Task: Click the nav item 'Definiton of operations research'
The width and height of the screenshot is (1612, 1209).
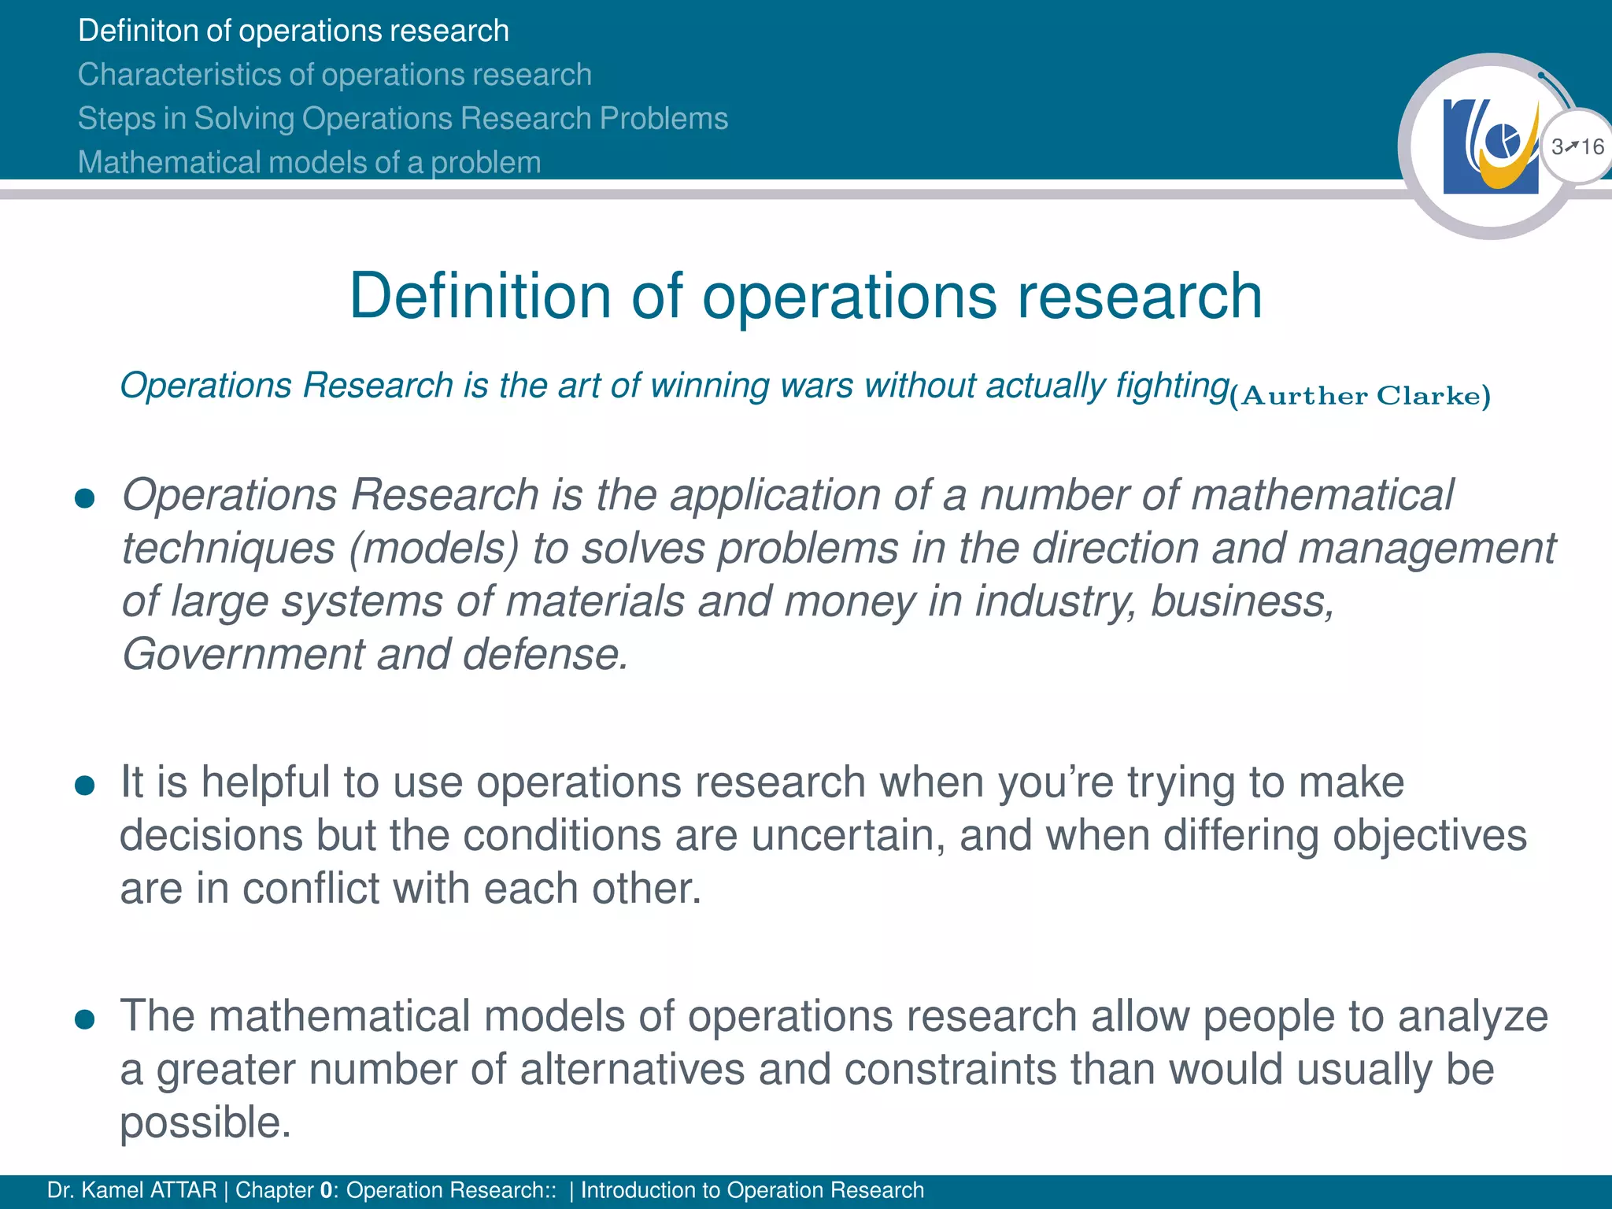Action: pos(294,31)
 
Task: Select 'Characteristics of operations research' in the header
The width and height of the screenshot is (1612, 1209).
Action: pos(335,75)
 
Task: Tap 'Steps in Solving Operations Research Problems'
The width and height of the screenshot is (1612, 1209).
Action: pos(403,119)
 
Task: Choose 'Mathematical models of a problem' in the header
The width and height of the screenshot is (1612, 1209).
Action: pos(309,163)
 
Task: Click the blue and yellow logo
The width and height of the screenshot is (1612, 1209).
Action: pos(1490,147)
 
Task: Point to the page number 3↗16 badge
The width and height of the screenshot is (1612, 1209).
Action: pos(1577,147)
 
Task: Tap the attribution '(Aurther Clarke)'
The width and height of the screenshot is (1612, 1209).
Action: pos(1360,396)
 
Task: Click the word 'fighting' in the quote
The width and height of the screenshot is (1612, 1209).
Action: pos(1172,386)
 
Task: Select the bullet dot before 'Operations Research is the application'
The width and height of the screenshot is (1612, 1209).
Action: pos(84,498)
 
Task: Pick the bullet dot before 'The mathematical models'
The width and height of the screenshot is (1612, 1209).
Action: pos(84,1019)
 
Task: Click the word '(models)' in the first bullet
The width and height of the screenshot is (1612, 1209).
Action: pos(434,549)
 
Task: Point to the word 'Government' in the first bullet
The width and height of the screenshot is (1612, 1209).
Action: pos(243,654)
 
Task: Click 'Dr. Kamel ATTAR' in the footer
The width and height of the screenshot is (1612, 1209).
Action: pos(131,1190)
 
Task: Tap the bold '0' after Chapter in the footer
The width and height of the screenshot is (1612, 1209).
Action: pos(326,1190)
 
